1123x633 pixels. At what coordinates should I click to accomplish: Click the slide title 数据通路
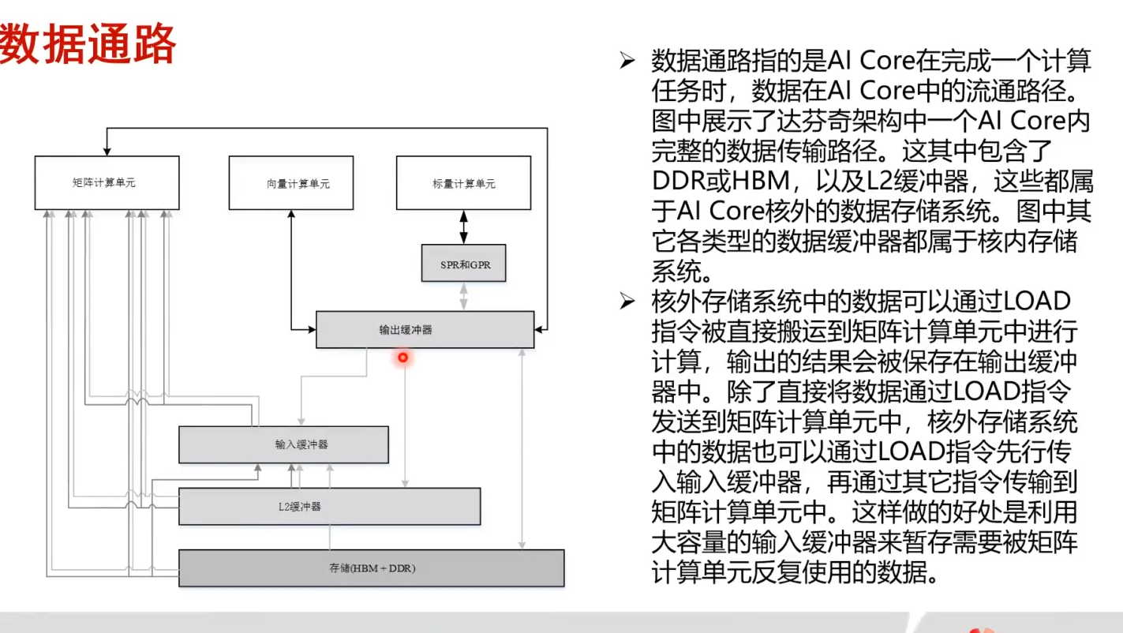(88, 45)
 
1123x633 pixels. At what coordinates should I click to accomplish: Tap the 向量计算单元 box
(290, 182)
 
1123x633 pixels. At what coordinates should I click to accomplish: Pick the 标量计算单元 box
(463, 182)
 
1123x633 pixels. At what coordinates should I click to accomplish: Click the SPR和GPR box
(463, 264)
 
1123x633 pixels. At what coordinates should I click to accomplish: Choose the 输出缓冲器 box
(425, 329)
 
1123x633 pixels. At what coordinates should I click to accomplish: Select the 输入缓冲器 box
(283, 444)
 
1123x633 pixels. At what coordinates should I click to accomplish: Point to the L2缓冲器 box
(329, 506)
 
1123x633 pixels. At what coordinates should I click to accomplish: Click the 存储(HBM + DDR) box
(372, 568)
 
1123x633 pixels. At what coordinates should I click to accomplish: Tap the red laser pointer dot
(402, 358)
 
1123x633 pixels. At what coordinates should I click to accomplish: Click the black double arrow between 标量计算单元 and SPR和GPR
(464, 227)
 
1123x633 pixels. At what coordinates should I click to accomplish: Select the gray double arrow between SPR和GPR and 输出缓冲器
(464, 296)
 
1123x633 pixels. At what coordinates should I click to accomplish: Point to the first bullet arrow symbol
(627, 60)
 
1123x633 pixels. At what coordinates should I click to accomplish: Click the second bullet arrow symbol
(627, 301)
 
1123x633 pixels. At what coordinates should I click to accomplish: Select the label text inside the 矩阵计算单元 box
(104, 183)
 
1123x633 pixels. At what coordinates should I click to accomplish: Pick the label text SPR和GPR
(465, 264)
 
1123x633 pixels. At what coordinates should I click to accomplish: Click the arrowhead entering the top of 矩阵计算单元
(105, 151)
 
